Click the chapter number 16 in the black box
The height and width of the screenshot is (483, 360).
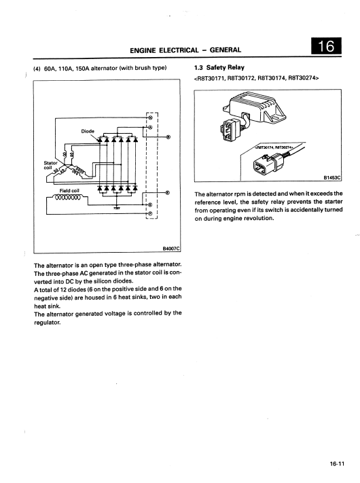[326, 46]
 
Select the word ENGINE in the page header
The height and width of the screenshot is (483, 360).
[143, 50]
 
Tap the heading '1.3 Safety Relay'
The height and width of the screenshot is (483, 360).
[219, 67]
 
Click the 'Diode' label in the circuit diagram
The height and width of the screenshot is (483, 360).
[88, 131]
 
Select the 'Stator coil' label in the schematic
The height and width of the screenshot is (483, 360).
[50, 165]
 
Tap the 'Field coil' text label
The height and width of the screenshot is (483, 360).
[69, 191]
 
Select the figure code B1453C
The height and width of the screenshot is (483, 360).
[332, 178]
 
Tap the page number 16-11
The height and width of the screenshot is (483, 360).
[337, 464]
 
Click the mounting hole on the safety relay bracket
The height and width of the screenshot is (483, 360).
[276, 117]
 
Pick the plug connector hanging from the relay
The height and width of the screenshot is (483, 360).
[229, 130]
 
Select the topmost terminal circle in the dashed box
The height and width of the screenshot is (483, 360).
[150, 118]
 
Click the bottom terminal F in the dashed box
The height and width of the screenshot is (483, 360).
[150, 213]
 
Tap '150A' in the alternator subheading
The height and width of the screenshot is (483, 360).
[81, 68]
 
